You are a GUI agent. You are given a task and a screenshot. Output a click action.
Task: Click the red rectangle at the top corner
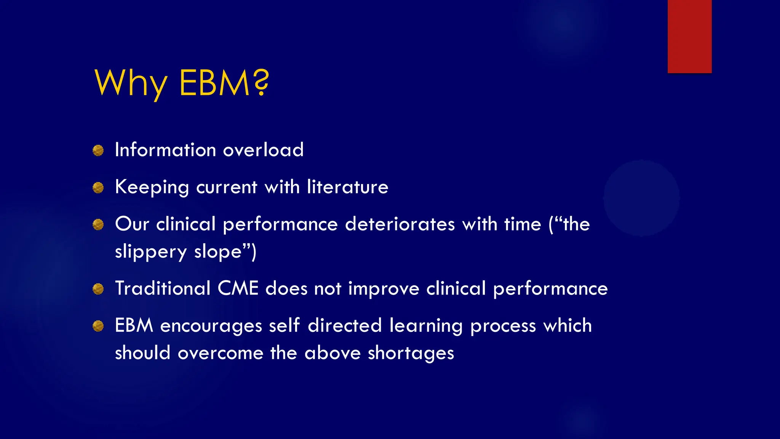[x=689, y=36]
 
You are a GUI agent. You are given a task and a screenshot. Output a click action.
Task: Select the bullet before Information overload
[x=98, y=151]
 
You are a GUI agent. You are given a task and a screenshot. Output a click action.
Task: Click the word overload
[x=263, y=149]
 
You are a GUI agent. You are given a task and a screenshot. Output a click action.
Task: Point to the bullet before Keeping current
[x=98, y=187]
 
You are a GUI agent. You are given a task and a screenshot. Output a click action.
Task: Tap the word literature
[x=347, y=187]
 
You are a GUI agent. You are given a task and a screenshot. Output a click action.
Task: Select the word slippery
[x=151, y=252]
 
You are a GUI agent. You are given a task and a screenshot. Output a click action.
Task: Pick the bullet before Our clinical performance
[x=98, y=224]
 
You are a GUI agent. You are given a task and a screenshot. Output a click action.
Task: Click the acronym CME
[x=238, y=288]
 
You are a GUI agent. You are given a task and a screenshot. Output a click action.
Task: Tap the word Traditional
[x=163, y=288]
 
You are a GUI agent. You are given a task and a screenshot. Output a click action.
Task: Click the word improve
[x=384, y=289]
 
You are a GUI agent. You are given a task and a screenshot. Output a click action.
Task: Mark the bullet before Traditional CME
[x=98, y=289]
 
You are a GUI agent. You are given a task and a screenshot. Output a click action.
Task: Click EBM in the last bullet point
[x=134, y=325]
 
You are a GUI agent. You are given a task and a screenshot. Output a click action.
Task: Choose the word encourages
[x=211, y=326]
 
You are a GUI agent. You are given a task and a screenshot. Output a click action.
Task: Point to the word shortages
[x=411, y=353]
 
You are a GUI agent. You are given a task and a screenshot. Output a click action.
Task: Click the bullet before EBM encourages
[x=98, y=326]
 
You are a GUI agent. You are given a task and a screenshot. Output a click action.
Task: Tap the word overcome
[x=221, y=353]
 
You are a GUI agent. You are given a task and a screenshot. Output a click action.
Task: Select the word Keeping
[x=152, y=187]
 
